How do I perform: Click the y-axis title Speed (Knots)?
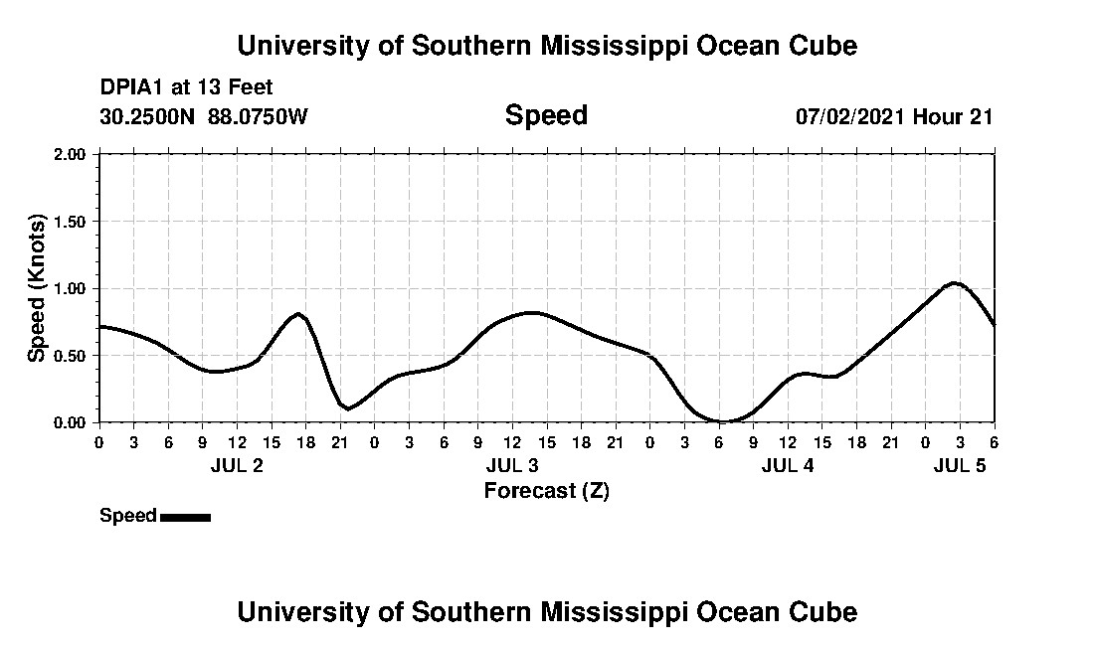tap(37, 288)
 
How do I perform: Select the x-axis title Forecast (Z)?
tap(546, 490)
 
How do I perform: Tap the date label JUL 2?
tap(237, 465)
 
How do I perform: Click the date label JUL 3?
tap(512, 465)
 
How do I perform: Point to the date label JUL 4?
tap(788, 465)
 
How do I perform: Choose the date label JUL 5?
tap(960, 465)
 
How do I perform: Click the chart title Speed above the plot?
tap(546, 115)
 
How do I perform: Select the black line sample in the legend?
tap(185, 517)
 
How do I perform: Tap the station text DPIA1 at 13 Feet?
tap(186, 88)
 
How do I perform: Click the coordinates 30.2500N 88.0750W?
tap(204, 116)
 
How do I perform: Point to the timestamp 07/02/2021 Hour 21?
tap(894, 116)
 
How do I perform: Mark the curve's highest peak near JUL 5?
tap(955, 283)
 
